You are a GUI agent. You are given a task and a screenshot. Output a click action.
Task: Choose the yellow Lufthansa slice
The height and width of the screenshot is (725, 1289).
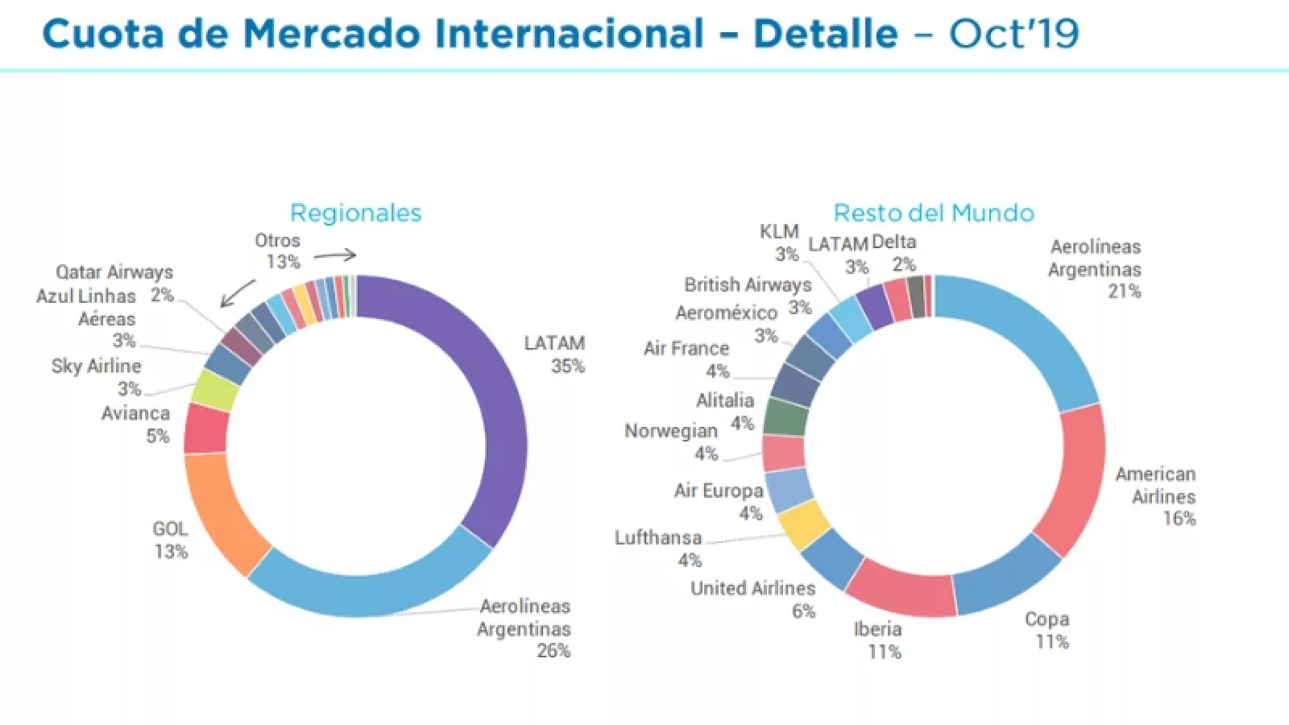[804, 524]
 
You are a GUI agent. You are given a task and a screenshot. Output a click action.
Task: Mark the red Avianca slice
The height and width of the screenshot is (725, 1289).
[206, 429]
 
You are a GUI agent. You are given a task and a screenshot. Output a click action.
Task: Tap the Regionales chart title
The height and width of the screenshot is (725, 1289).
[355, 213]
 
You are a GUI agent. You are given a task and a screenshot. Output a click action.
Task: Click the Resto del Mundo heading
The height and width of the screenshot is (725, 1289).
[933, 213]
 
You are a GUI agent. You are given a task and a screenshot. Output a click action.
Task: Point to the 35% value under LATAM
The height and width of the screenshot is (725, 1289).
[567, 367]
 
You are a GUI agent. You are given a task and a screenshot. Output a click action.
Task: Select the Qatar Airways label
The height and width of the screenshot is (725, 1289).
[114, 272]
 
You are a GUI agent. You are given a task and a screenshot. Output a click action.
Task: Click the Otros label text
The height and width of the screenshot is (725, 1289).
[277, 241]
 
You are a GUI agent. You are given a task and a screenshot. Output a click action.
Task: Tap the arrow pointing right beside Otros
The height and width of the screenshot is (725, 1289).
[334, 255]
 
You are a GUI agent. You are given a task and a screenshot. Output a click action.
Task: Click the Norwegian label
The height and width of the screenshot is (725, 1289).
[670, 431]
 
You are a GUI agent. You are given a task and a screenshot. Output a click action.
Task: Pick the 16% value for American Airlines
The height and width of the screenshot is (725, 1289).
[1179, 519]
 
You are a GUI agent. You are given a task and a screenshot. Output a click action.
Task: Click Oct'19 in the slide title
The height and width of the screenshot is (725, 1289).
[1013, 34]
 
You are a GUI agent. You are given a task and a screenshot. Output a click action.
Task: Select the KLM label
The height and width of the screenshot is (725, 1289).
[779, 232]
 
